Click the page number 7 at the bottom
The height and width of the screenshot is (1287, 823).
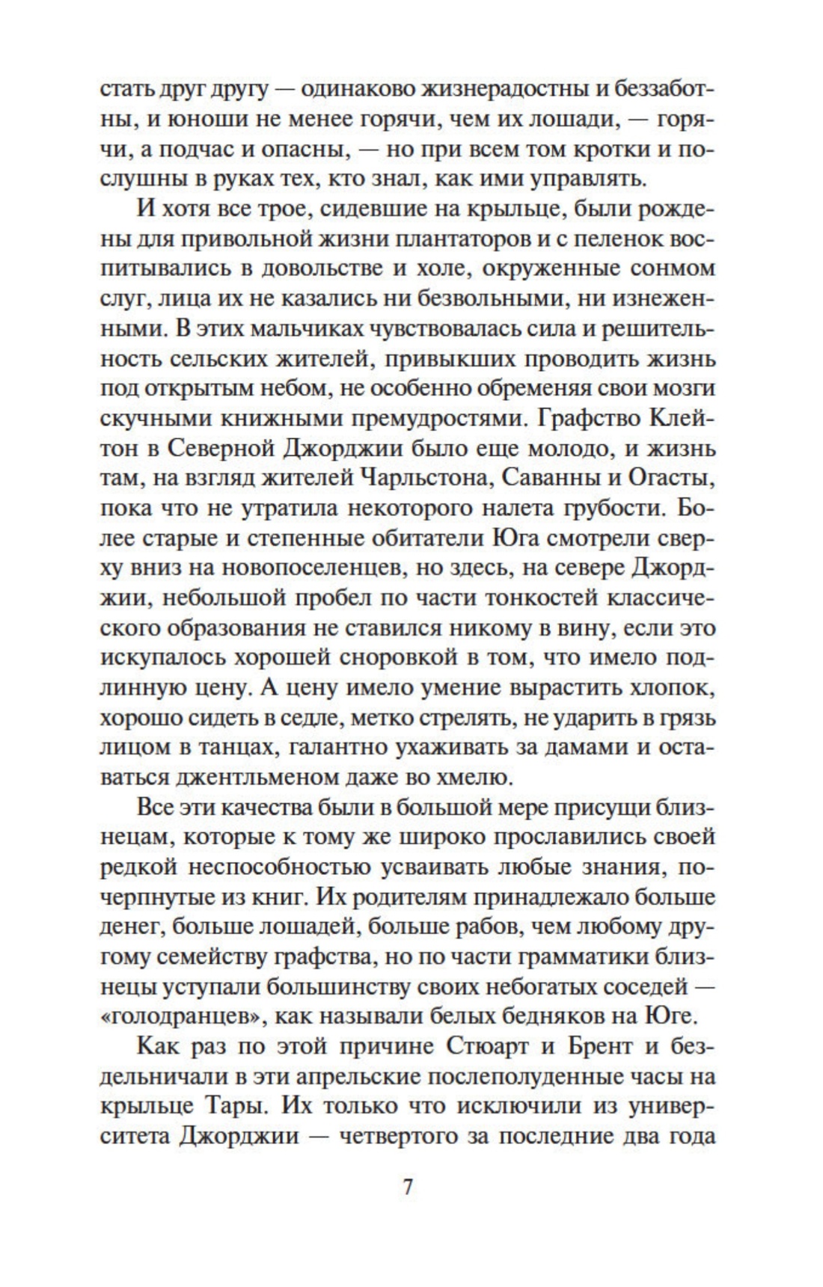tap(408, 1188)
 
